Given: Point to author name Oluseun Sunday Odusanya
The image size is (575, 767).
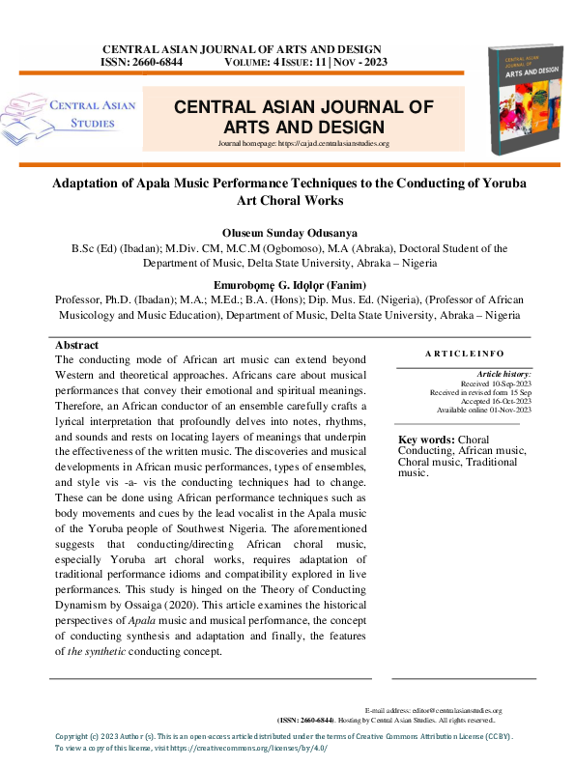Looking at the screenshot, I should point(290,233).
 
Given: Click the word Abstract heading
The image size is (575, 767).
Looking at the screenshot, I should point(76,345).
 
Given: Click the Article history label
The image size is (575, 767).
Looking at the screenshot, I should point(503,374).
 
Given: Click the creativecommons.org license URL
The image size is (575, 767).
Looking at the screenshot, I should point(249,749).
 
